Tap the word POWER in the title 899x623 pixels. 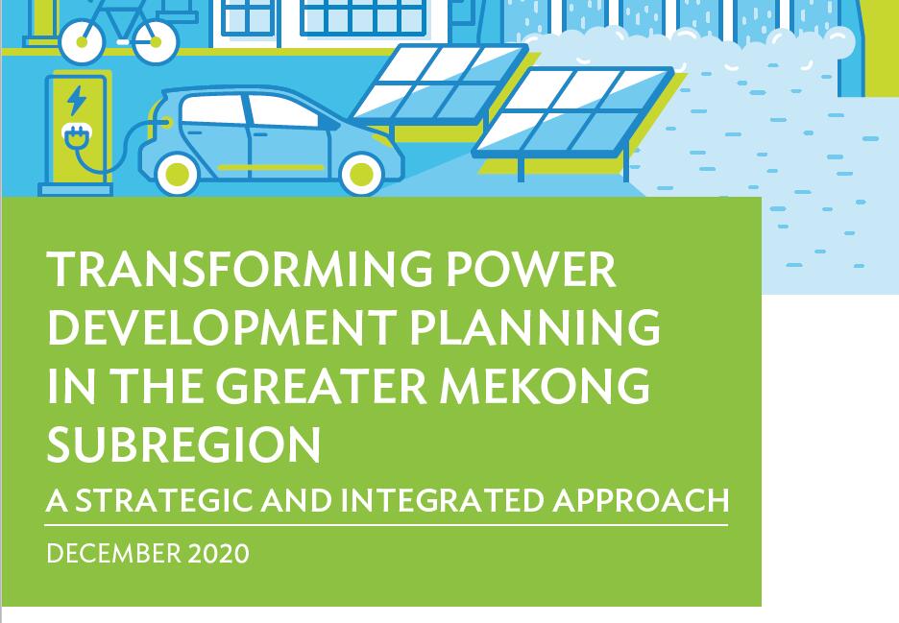click(x=531, y=269)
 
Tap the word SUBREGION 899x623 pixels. click(x=183, y=444)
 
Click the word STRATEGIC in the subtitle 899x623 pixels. click(x=164, y=500)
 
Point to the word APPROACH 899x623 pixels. click(x=641, y=500)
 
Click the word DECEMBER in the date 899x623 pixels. click(x=114, y=554)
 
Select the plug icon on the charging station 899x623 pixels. click(x=73, y=136)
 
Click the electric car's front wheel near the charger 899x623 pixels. click(x=177, y=173)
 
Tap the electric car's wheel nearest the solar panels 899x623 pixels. click(x=361, y=173)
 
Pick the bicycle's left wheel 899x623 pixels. click(x=83, y=41)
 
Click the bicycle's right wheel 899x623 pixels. click(x=156, y=41)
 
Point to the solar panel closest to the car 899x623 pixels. click(x=439, y=84)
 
